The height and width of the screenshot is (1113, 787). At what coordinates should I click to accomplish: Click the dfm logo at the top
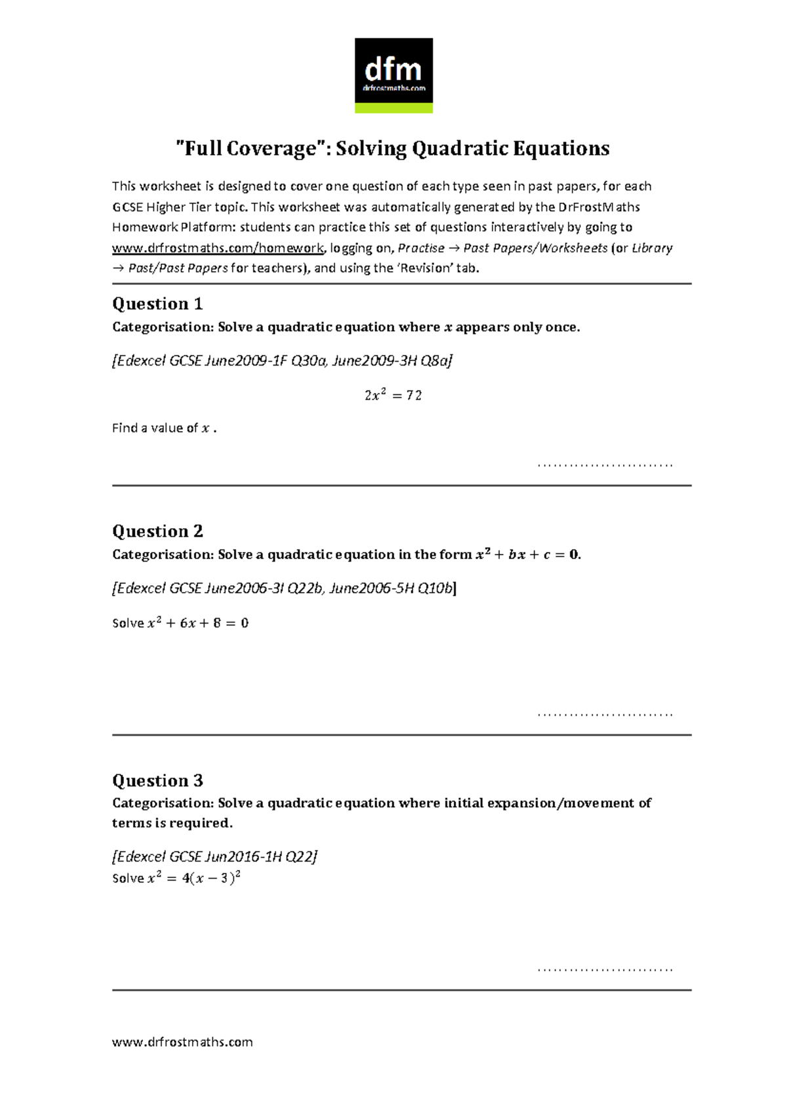393,75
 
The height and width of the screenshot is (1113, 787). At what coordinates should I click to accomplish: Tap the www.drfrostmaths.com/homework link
218,248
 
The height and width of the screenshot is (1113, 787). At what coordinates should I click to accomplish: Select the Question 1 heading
157,304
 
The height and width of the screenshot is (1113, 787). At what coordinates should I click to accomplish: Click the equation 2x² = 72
393,395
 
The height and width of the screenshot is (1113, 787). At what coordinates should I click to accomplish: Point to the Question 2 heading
157,531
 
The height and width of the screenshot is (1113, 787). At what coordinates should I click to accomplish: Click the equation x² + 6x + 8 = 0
197,623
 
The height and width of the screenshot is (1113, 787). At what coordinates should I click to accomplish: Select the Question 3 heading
157,780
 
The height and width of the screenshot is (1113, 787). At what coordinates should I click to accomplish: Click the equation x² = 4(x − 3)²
194,878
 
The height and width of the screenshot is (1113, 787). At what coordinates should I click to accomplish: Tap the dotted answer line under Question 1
605,465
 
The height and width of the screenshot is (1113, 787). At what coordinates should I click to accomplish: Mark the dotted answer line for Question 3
605,969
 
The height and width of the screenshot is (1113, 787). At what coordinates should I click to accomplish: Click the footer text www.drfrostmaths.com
182,1042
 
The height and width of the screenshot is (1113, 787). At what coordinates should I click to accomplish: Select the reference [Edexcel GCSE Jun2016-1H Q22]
214,856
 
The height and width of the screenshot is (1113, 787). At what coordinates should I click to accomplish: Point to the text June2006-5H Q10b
391,588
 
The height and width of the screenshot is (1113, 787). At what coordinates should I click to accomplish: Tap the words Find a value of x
164,429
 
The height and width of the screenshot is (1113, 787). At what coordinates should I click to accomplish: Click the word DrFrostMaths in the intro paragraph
599,207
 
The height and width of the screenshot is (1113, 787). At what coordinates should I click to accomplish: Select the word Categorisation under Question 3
162,803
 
